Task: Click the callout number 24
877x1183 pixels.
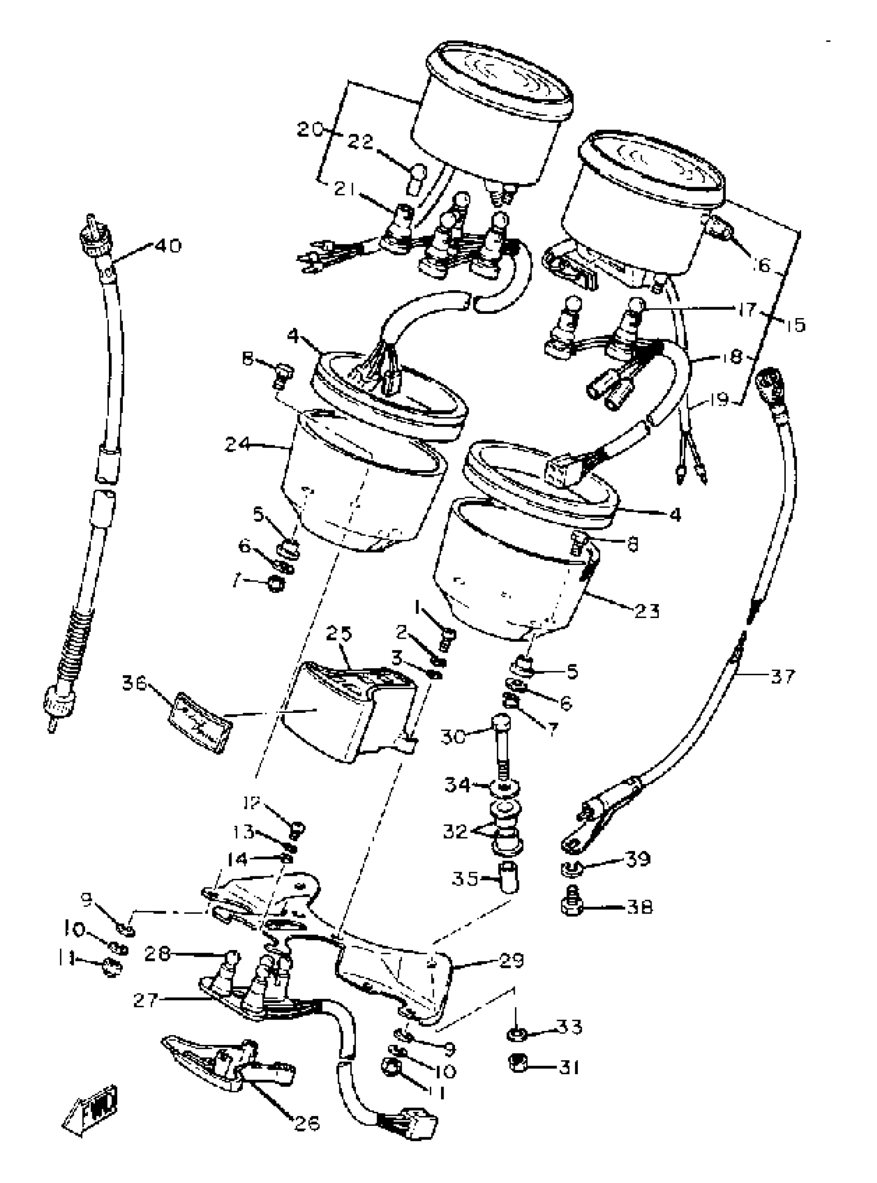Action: click(238, 444)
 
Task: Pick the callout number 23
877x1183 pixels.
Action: click(646, 611)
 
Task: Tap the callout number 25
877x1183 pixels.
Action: click(340, 634)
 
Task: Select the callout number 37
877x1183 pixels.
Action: click(783, 676)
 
